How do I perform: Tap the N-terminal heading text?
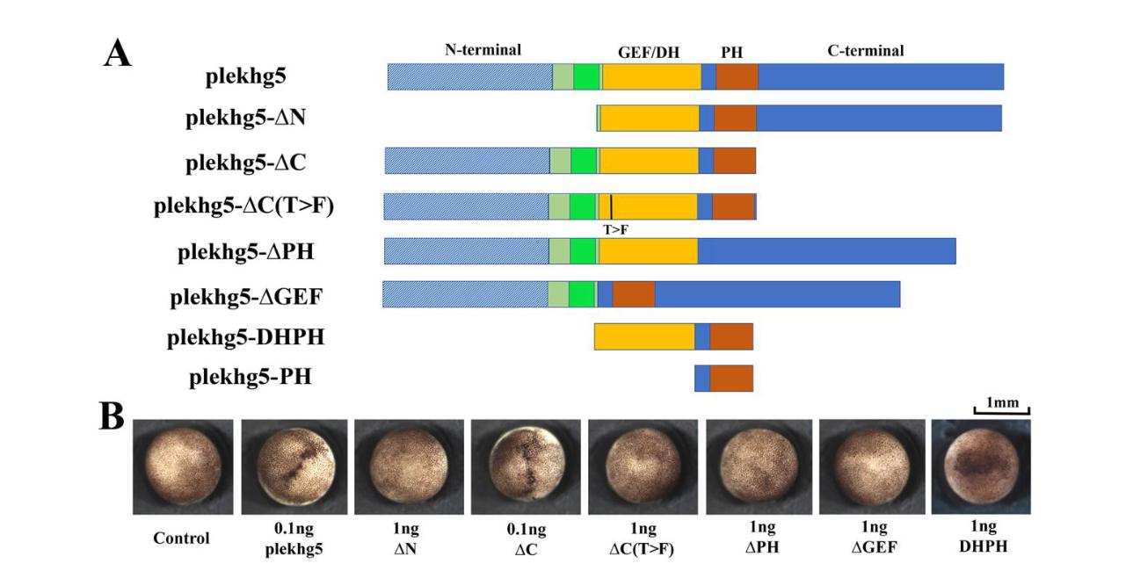[483, 50]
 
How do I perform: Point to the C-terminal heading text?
[865, 51]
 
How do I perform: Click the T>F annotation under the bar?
[615, 229]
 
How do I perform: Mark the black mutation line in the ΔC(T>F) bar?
[611, 207]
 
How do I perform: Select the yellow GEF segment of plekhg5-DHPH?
[644, 336]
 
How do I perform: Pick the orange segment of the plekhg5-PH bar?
[731, 378]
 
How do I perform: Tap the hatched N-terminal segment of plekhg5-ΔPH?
[466, 250]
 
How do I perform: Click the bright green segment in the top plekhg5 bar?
[586, 76]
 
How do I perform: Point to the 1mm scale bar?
[1001, 407]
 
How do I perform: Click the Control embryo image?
[183, 466]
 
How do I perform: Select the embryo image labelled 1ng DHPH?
[981, 466]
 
